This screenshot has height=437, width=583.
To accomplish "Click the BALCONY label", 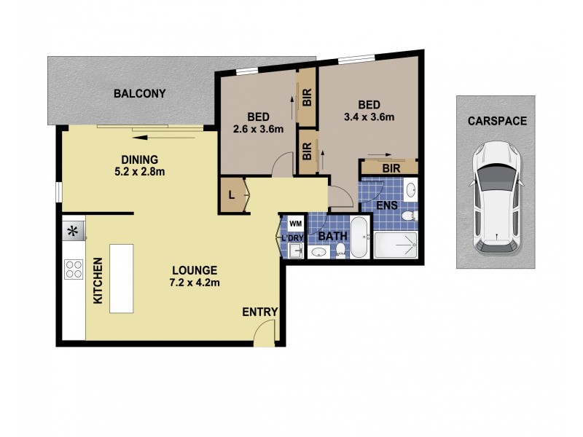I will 139,93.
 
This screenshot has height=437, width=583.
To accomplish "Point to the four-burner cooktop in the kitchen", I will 74,269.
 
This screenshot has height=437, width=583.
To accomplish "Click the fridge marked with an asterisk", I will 73,232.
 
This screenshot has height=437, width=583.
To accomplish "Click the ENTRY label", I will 260,312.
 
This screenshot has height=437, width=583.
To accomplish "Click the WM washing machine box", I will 295,224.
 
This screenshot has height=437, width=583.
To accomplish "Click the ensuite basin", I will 410,190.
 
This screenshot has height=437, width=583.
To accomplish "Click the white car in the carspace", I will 496,198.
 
